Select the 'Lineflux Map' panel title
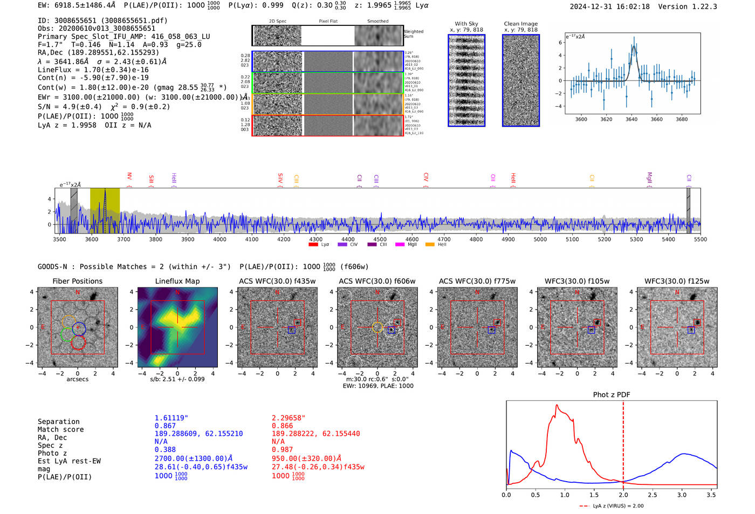[x=177, y=281]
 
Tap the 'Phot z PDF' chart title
[x=612, y=394]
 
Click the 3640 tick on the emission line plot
[x=632, y=119]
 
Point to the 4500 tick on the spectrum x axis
[x=380, y=239]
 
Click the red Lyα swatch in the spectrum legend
[x=313, y=245]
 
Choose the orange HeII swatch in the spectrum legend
[x=430, y=245]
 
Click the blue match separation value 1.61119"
[x=171, y=418]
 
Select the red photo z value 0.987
[x=283, y=449]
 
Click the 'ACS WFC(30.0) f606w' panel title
[x=377, y=281]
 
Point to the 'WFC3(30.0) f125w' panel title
[x=677, y=281]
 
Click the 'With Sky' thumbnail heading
[x=466, y=24]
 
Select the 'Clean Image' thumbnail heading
[x=520, y=24]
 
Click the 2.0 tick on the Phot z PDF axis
[x=623, y=495]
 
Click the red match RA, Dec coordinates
[x=315, y=434]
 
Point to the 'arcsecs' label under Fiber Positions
[x=78, y=379]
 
